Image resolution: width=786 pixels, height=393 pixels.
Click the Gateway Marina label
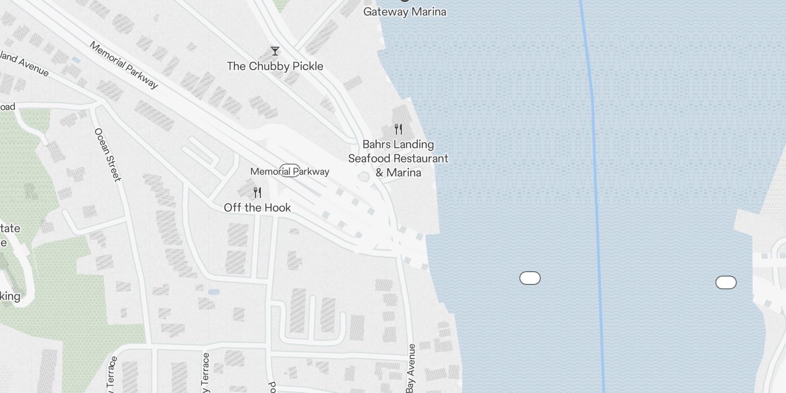(x=404, y=11)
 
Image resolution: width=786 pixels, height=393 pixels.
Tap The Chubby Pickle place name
(x=275, y=66)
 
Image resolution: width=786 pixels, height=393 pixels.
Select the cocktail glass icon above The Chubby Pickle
(x=275, y=51)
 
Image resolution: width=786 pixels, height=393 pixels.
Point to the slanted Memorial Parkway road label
(x=124, y=65)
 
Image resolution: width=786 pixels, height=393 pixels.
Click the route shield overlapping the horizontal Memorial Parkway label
(x=289, y=170)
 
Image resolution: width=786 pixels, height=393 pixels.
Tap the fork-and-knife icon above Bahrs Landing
(x=398, y=130)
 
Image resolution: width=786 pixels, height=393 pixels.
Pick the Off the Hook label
(x=257, y=208)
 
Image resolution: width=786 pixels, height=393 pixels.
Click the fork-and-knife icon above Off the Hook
(x=257, y=193)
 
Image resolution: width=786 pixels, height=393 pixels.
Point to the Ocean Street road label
(x=108, y=154)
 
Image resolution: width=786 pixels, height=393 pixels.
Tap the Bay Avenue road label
(x=411, y=368)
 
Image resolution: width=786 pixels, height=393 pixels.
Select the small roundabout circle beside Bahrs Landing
(x=364, y=177)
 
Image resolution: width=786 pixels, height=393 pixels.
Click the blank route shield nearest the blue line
(x=530, y=278)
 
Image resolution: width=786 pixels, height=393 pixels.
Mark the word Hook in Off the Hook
(x=278, y=208)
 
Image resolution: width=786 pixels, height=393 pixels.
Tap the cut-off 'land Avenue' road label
(x=25, y=64)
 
